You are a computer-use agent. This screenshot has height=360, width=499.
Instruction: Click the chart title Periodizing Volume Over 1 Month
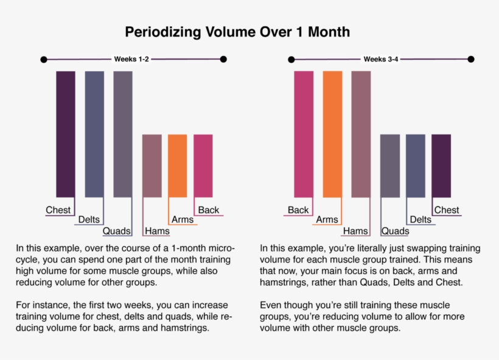click(237, 32)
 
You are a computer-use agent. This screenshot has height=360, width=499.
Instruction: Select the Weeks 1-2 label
click(131, 59)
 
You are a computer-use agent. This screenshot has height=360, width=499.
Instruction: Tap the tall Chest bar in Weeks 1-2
click(66, 134)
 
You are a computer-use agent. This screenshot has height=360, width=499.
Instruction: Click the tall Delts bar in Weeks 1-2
click(94, 134)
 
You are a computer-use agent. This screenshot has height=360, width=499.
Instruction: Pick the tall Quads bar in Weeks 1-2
click(123, 134)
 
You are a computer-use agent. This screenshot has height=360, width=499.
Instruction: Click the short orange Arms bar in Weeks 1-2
click(177, 165)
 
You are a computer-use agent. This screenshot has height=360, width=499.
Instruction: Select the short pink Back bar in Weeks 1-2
click(203, 165)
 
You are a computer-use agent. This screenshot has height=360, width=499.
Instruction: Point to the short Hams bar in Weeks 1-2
click(152, 165)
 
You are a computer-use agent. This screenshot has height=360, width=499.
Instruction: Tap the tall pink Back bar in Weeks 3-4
click(304, 134)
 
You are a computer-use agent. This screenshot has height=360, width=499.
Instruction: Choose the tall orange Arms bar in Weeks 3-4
click(332, 134)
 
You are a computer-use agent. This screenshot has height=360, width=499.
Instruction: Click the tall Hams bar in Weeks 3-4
click(361, 134)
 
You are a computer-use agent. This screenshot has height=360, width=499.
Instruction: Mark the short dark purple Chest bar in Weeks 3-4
click(441, 165)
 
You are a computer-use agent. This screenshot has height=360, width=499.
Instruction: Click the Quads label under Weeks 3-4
click(395, 231)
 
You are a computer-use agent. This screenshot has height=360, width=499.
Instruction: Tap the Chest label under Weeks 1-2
click(58, 210)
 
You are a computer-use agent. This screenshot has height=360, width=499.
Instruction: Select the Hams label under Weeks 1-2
click(157, 231)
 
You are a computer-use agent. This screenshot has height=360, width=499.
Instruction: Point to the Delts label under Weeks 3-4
click(420, 220)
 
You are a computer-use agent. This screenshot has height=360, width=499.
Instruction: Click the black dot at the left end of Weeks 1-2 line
click(43, 60)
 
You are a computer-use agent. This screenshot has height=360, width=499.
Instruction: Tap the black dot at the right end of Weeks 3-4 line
click(471, 60)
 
